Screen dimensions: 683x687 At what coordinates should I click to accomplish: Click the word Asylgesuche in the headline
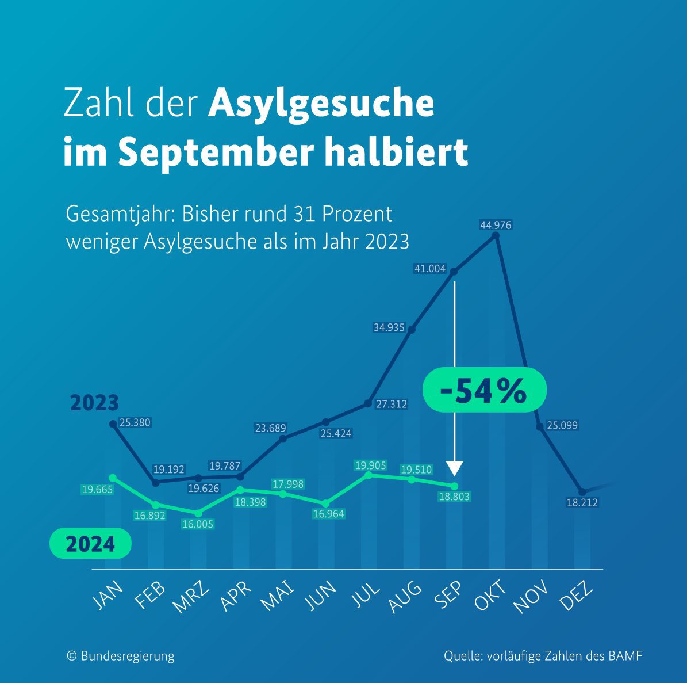[321, 104]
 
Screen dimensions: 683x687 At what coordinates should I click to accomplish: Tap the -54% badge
[484, 390]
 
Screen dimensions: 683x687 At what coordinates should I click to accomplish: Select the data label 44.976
[496, 225]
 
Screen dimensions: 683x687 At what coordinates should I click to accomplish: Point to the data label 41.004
[429, 268]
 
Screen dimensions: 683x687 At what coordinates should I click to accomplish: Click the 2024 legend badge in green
[90, 544]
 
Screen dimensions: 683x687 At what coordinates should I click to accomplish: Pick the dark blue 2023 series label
[94, 403]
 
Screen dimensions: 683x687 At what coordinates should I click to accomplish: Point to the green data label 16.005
[197, 524]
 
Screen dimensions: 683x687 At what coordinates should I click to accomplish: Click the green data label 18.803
[454, 497]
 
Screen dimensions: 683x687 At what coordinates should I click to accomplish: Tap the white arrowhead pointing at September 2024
[455, 468]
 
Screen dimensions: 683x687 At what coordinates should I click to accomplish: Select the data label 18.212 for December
[582, 502]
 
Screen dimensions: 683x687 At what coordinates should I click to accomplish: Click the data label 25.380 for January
[135, 423]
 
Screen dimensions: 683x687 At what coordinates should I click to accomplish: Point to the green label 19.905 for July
[370, 465]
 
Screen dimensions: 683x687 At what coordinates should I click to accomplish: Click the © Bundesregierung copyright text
[121, 656]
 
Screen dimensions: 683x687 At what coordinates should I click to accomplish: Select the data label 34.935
[389, 327]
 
